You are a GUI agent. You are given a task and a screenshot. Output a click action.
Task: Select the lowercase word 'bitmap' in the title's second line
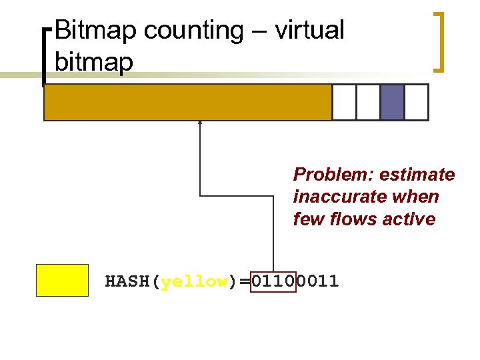point(94,62)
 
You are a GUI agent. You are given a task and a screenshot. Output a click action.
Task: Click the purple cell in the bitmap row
point(392,102)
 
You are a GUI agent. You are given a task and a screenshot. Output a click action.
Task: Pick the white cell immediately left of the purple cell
point(368,102)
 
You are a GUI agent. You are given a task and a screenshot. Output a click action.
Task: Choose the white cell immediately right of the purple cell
point(416,102)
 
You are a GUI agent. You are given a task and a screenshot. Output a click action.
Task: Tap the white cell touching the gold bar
point(344,102)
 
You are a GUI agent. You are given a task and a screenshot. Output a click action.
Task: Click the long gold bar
point(187,102)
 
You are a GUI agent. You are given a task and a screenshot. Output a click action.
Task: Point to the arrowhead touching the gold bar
point(200,123)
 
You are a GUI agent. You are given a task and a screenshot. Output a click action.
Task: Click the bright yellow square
point(62,280)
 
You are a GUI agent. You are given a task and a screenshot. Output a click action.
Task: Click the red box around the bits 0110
point(273,282)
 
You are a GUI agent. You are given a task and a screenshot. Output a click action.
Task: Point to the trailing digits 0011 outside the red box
point(317,282)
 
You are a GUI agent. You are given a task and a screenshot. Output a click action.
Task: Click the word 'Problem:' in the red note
point(333,175)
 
